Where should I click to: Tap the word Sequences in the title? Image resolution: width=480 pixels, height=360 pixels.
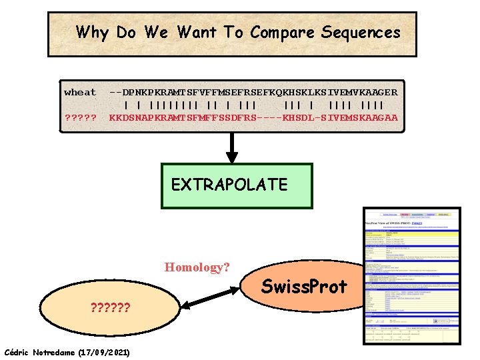pyautogui.click(x=361, y=32)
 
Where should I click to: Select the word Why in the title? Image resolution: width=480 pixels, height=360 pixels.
pyautogui.click(x=93, y=32)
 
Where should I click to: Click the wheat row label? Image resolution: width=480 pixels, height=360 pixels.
pyautogui.click(x=80, y=93)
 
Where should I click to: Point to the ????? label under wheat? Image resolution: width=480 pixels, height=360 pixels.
pyautogui.click(x=80, y=118)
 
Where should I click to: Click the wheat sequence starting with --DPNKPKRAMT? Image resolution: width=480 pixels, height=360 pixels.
pyautogui.click(x=253, y=93)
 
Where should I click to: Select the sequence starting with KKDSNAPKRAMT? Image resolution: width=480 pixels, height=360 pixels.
pyautogui.click(x=253, y=118)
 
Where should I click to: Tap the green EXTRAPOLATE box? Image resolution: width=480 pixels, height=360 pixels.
pyautogui.click(x=237, y=185)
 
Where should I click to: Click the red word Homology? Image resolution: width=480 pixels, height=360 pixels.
pyautogui.click(x=197, y=267)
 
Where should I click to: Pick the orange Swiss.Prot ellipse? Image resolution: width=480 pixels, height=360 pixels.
pyautogui.click(x=303, y=287)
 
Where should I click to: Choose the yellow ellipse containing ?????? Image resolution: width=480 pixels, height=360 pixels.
pyautogui.click(x=110, y=308)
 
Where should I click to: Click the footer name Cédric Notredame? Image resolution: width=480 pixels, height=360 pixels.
pyautogui.click(x=40, y=351)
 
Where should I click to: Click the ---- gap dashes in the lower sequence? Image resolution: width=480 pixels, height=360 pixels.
pyautogui.click(x=268, y=118)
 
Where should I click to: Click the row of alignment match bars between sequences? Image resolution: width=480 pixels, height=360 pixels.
pyautogui.click(x=253, y=105)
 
